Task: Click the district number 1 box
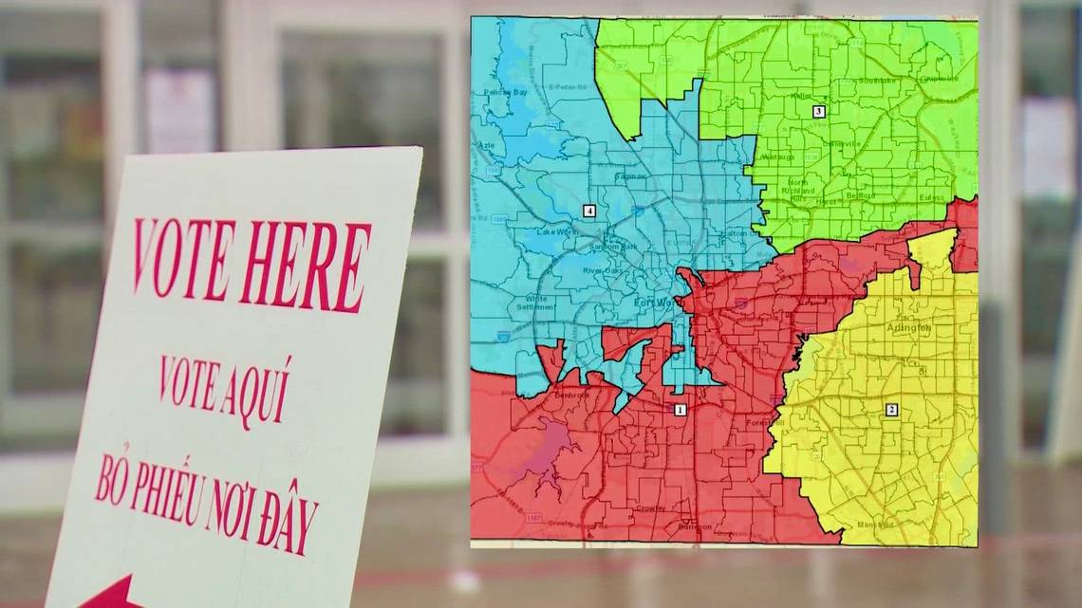pos(680,410)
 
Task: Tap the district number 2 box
pos(891,410)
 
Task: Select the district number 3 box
pos(819,111)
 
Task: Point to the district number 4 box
pos(589,211)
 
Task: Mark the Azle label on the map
pos(485,145)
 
